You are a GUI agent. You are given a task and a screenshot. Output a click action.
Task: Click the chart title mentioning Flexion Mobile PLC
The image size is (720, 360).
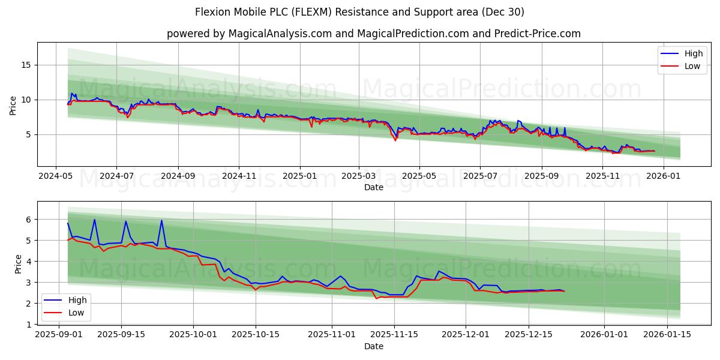(359, 12)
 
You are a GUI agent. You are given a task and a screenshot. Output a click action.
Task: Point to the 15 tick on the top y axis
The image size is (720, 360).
(26, 65)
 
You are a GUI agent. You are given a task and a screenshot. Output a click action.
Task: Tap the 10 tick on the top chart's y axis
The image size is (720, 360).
(26, 100)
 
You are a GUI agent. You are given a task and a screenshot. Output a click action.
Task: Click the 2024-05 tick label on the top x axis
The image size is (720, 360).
(56, 176)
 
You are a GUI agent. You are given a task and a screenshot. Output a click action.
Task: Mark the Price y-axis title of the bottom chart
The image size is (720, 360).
(18, 264)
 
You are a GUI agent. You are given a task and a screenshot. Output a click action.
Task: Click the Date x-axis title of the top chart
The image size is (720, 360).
(373, 187)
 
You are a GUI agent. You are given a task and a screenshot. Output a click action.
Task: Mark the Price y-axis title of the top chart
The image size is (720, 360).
(13, 105)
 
